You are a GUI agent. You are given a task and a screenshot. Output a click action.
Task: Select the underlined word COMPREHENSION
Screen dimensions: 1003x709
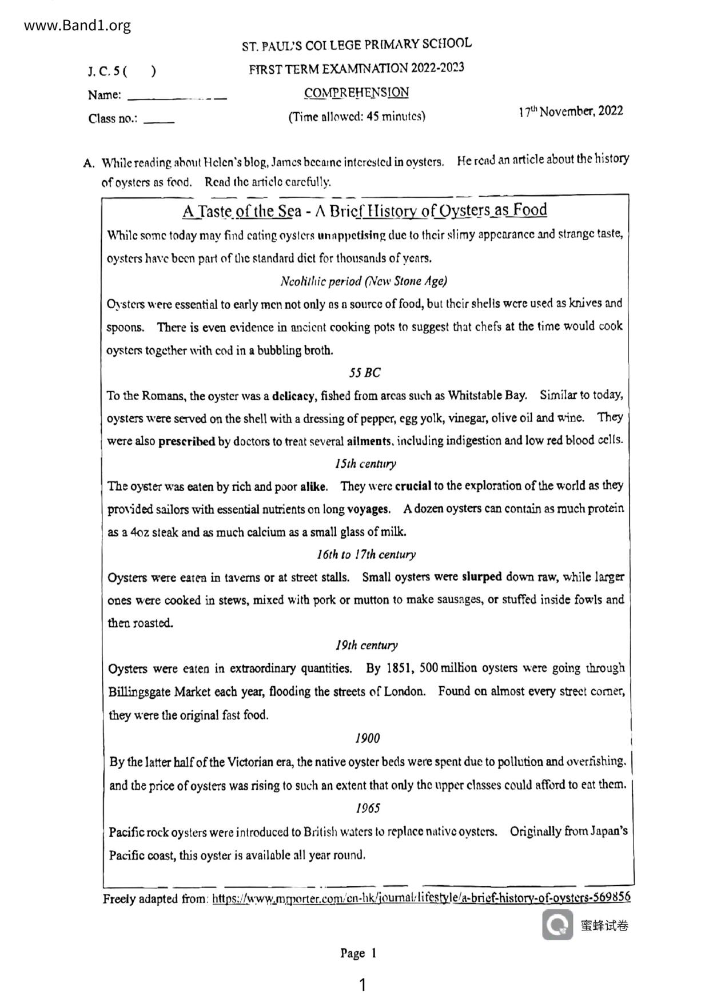(x=356, y=92)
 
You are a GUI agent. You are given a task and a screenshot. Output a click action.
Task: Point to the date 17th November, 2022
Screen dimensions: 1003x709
(x=571, y=112)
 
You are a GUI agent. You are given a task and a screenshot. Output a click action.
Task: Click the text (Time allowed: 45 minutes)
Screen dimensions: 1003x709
(x=356, y=117)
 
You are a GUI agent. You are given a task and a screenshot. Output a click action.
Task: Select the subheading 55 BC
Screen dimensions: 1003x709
(x=364, y=373)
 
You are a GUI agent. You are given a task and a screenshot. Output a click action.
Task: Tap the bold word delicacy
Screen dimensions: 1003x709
(x=293, y=396)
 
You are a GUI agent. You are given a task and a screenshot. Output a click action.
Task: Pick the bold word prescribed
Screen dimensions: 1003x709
(x=186, y=441)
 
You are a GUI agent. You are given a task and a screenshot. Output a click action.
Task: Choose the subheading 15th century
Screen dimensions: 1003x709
(x=365, y=464)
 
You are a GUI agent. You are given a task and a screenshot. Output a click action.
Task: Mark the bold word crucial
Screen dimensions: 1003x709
(x=413, y=487)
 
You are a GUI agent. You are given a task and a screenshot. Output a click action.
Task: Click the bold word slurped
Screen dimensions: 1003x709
(x=481, y=577)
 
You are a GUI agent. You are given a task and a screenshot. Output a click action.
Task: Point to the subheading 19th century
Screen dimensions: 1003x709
(x=367, y=646)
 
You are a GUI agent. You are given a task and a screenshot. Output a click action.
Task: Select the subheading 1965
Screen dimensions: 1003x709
(x=368, y=808)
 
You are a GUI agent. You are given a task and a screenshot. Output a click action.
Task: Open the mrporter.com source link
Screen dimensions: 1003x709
(x=421, y=898)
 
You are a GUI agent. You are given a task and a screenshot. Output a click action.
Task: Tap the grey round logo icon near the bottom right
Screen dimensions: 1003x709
(x=557, y=925)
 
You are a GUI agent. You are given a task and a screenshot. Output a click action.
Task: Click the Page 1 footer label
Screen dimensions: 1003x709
(x=358, y=953)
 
